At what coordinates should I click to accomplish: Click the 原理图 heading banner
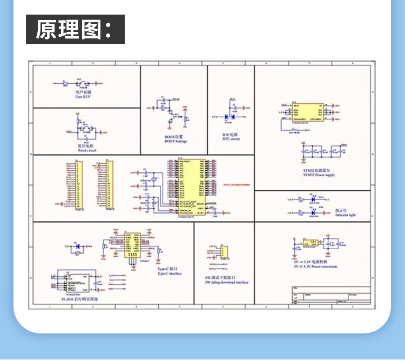pos(75,29)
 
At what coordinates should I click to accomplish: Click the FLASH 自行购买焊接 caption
pos(80,298)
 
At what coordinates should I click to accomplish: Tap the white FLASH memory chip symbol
pos(76,282)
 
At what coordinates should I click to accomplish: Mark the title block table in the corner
pos(331,296)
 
